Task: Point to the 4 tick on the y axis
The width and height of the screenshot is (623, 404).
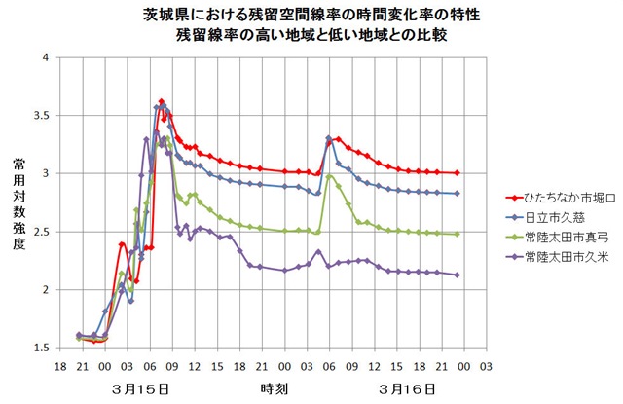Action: tap(43, 57)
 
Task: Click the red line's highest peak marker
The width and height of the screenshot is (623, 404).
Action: tap(162, 101)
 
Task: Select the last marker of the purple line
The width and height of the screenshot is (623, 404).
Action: tap(458, 275)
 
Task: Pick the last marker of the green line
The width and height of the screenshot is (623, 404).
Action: tap(458, 234)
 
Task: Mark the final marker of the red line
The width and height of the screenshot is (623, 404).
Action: tap(458, 173)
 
